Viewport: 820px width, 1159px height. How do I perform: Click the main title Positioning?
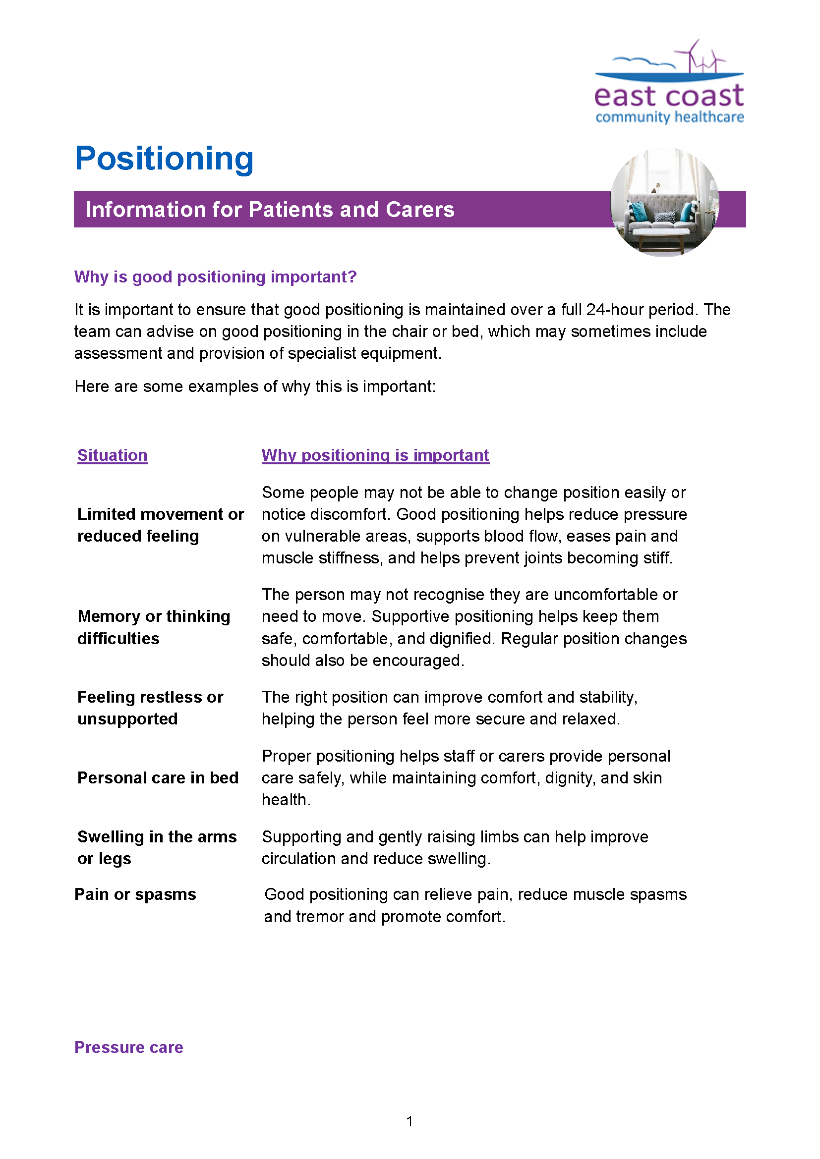click(x=164, y=159)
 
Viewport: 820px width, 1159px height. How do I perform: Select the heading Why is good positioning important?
click(x=215, y=277)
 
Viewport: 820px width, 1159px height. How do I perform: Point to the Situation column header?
click(x=113, y=455)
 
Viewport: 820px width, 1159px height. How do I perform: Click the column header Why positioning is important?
click(x=375, y=455)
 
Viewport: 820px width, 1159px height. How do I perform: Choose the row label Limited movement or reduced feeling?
click(x=160, y=525)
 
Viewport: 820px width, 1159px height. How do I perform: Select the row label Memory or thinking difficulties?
click(x=154, y=627)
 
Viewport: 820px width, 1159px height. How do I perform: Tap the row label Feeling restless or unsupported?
click(x=150, y=708)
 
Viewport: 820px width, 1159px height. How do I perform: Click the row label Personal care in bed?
click(x=158, y=778)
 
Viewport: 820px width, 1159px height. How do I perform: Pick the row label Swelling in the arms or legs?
click(x=157, y=847)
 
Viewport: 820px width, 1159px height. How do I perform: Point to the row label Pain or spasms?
click(x=135, y=894)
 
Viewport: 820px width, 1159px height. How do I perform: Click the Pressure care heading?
click(x=129, y=1048)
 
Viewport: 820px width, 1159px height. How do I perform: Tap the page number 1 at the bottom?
click(x=410, y=1121)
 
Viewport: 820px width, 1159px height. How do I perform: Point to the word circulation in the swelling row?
click(x=299, y=859)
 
